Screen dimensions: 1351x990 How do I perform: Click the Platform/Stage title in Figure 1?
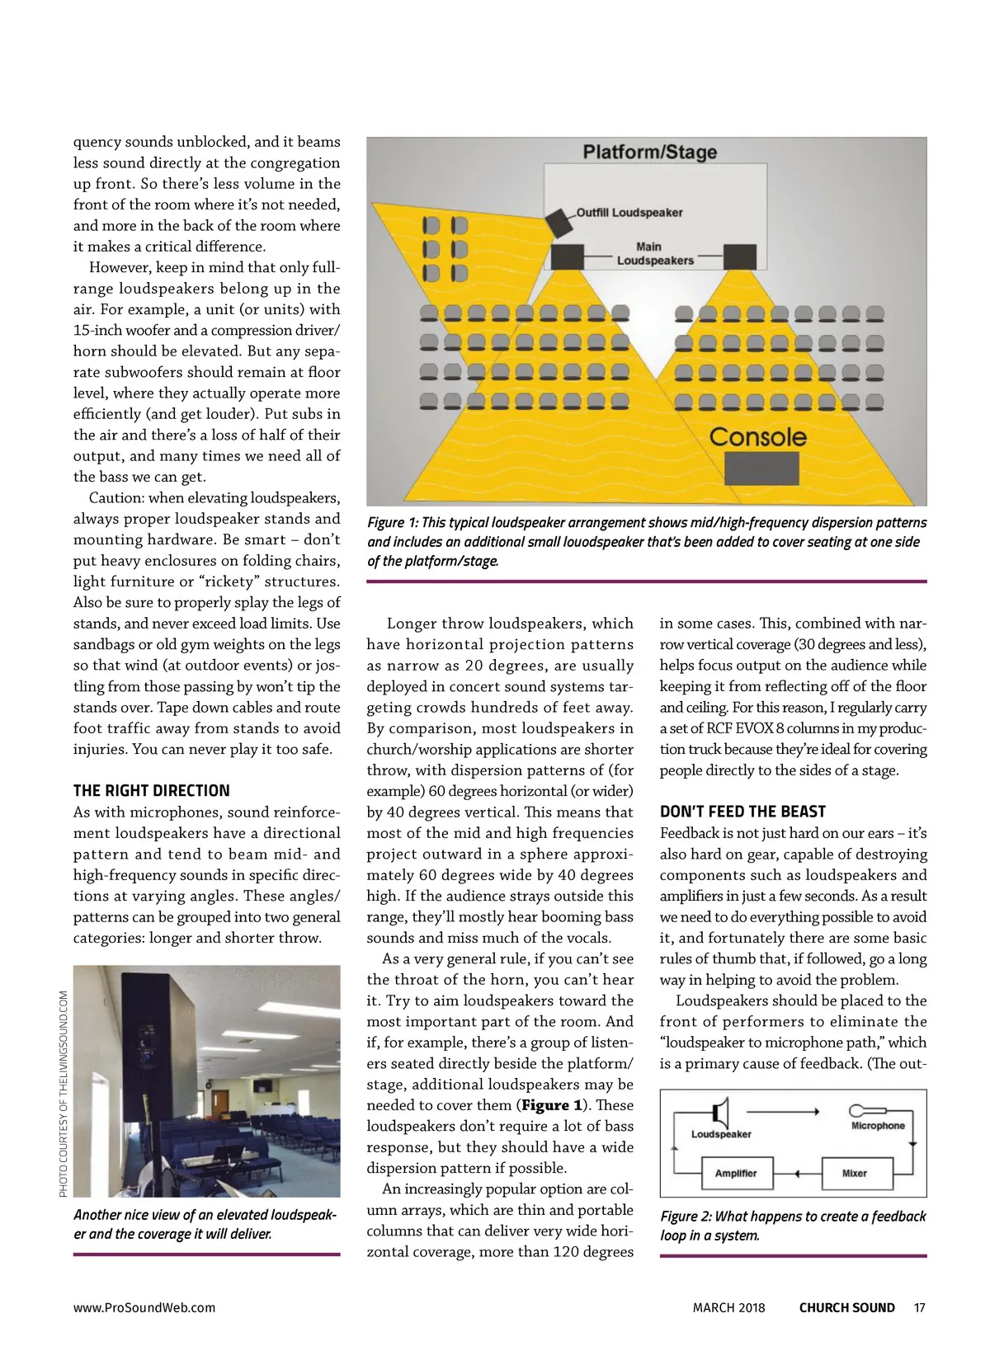click(649, 152)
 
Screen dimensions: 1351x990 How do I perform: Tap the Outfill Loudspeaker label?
click(629, 213)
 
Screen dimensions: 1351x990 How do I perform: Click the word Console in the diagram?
click(757, 437)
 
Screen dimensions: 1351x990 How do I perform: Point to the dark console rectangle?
click(761, 468)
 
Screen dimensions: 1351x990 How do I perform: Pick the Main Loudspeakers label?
click(655, 253)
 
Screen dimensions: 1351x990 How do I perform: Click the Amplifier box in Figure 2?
click(736, 1173)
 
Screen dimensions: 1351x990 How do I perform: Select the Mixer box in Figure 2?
click(854, 1173)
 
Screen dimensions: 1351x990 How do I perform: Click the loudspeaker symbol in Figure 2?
click(722, 1113)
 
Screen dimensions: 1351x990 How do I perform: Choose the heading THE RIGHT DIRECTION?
click(152, 790)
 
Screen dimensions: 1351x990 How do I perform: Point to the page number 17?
click(920, 1307)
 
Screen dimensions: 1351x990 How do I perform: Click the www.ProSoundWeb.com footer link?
click(144, 1307)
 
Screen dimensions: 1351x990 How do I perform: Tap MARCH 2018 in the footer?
click(728, 1307)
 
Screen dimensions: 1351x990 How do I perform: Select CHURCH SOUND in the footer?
click(846, 1307)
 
